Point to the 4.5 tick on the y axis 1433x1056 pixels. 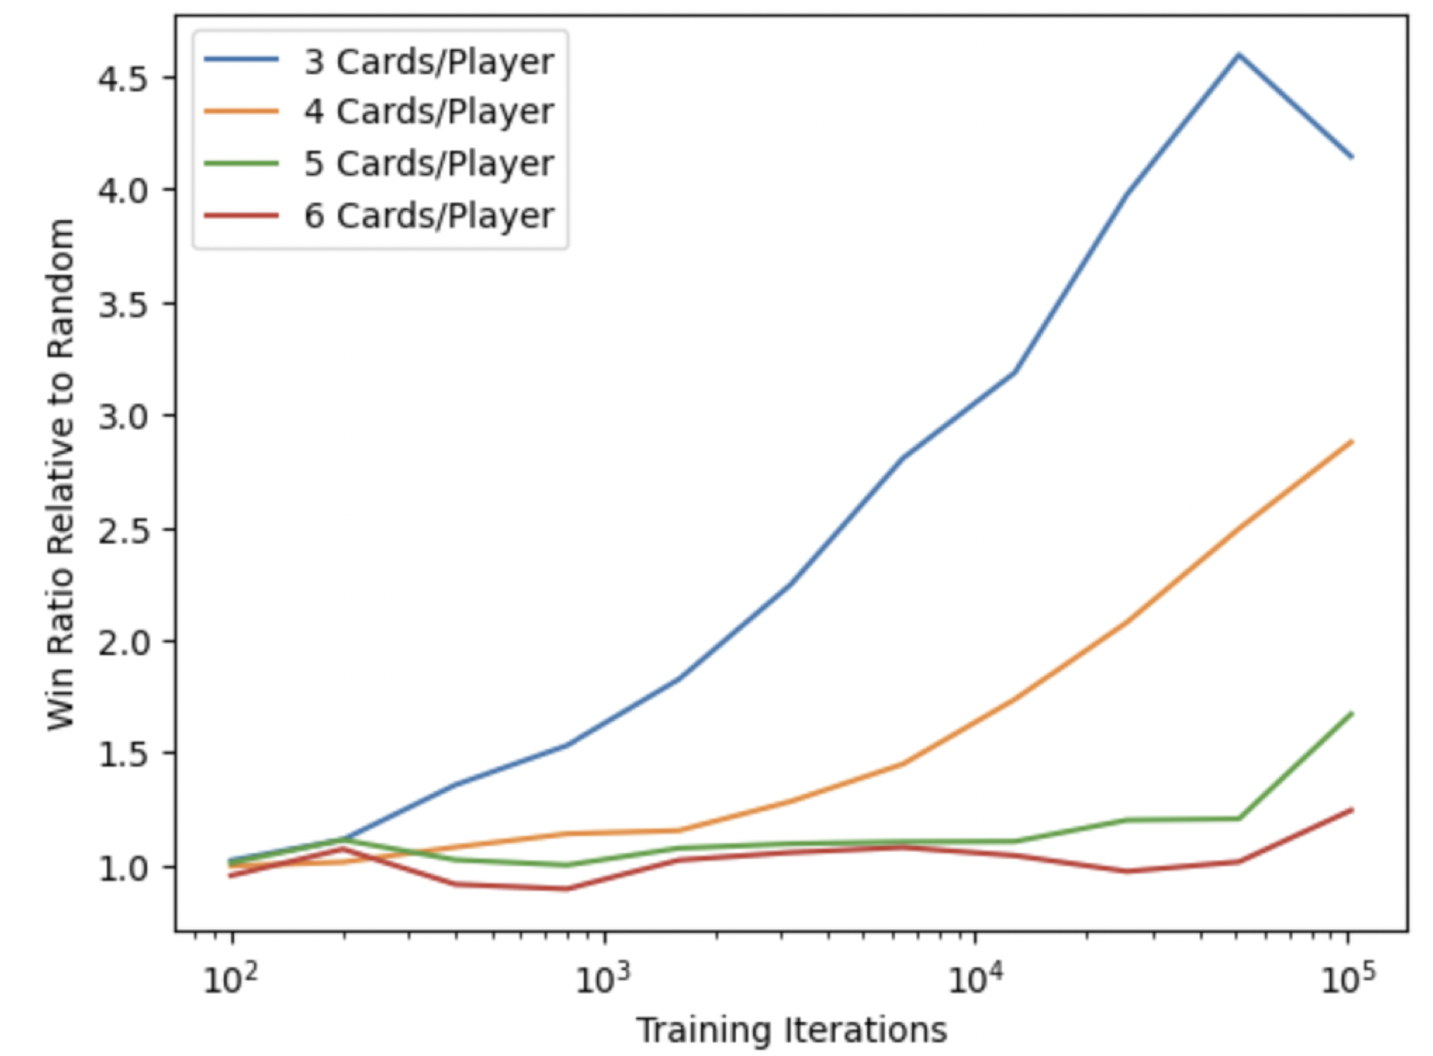(x=122, y=79)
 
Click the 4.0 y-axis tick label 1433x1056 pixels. (x=122, y=191)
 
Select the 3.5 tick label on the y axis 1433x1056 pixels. (x=122, y=304)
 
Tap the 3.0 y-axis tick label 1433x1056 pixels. (x=122, y=417)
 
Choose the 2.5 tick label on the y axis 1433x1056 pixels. (x=122, y=530)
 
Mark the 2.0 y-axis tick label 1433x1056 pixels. (x=122, y=642)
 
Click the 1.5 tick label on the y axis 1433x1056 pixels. (x=122, y=755)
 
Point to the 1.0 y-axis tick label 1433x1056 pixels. (x=122, y=867)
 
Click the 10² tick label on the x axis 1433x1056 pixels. (x=231, y=979)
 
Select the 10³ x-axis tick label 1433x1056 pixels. (x=603, y=979)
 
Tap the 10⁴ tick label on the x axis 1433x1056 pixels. (x=975, y=979)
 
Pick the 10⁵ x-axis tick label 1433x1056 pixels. (x=1348, y=979)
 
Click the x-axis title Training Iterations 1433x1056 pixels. (x=791, y=1030)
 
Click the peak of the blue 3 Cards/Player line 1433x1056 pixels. (x=1239, y=55)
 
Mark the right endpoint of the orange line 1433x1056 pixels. (x=1352, y=441)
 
